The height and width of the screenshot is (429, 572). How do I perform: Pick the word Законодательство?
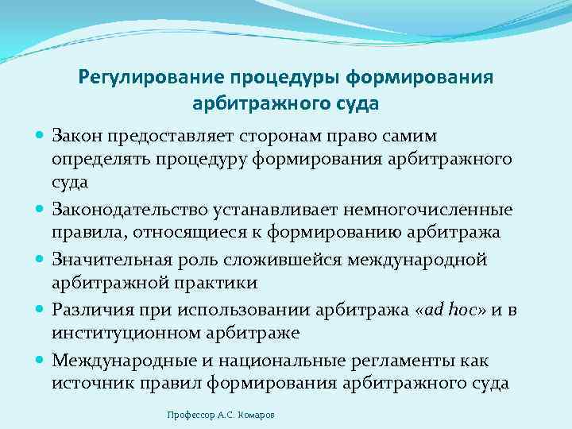pyautogui.click(x=129, y=211)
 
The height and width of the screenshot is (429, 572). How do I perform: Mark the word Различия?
pyautogui.click(x=89, y=309)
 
